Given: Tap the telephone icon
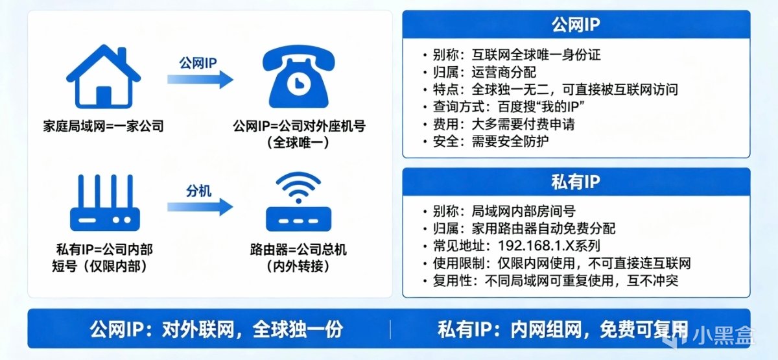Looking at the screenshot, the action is pyautogui.click(x=298, y=77).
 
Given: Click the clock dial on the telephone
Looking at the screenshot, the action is pyautogui.click(x=298, y=84).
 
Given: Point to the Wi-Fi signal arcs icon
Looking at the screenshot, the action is pyautogui.click(x=298, y=187).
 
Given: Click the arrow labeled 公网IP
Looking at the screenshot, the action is pyautogui.click(x=200, y=80).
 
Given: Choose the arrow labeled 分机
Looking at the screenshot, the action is pyautogui.click(x=200, y=207).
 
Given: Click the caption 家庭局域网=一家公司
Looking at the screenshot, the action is pyautogui.click(x=104, y=126).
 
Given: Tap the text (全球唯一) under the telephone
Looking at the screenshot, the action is pyautogui.click(x=298, y=143).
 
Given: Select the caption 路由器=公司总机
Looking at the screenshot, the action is pyautogui.click(x=298, y=250).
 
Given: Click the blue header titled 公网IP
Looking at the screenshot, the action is pyautogui.click(x=576, y=25).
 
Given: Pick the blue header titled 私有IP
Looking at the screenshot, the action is pyautogui.click(x=576, y=182).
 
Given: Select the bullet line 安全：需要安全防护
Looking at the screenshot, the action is pyautogui.click(x=486, y=141).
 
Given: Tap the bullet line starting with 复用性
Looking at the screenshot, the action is pyautogui.click(x=550, y=281).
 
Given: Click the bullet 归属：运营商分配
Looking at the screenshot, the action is pyautogui.click(x=480, y=72).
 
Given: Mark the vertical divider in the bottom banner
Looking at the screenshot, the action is pyautogui.click(x=390, y=330).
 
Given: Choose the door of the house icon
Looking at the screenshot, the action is pyautogui.click(x=104, y=97).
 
